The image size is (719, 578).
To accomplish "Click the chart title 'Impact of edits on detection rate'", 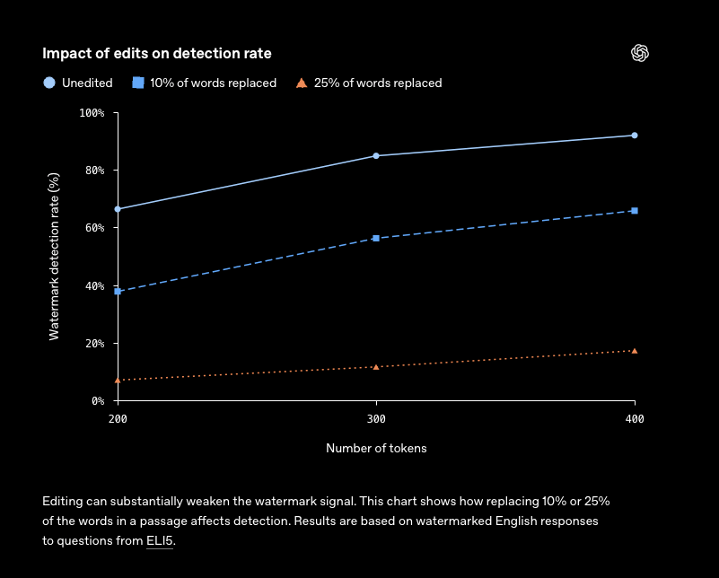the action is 157,54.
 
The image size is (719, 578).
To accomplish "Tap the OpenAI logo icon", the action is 640,53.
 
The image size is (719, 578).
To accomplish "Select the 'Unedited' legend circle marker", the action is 49,83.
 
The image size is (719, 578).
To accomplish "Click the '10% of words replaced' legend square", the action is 138,83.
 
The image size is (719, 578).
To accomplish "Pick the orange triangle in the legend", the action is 302,83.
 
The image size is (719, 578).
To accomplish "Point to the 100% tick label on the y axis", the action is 92,113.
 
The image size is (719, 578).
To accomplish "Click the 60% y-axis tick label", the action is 95,228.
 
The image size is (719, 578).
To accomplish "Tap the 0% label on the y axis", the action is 98,401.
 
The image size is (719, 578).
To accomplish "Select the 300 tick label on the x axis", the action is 376,419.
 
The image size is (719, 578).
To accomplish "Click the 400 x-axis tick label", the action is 635,419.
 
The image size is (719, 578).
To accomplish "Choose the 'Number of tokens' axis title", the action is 376,448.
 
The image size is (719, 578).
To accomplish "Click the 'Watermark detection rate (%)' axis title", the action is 54,257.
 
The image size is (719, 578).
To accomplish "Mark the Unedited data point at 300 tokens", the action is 376,156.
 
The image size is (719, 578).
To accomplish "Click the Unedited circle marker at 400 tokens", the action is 635,136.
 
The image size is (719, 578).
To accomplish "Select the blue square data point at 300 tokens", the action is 376,239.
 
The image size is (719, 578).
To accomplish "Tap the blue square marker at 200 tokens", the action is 118,292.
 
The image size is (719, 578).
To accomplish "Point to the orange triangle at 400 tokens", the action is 635,351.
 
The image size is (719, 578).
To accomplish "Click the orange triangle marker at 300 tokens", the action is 376,367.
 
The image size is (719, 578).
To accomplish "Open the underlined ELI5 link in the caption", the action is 160,541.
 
